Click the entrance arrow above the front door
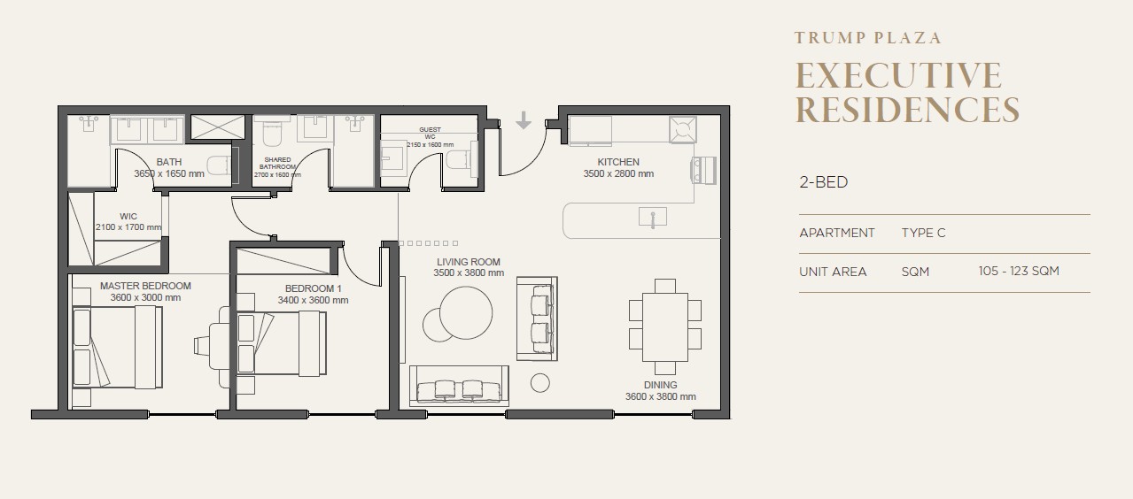(x=524, y=120)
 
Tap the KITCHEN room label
(x=618, y=162)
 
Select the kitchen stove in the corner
(x=682, y=129)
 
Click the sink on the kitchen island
(x=653, y=218)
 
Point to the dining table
(x=665, y=326)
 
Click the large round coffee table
(x=466, y=313)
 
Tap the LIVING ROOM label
(x=469, y=262)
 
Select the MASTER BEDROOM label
(x=145, y=286)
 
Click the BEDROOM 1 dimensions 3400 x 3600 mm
(x=313, y=300)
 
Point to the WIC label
(x=128, y=216)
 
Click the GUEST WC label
(x=430, y=134)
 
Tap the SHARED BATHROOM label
(x=277, y=163)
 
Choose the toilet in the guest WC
(x=462, y=159)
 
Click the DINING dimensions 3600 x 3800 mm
(x=661, y=396)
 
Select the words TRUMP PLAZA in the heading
(x=868, y=38)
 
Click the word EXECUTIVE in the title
(x=898, y=76)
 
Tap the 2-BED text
(x=824, y=182)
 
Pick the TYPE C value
(x=923, y=233)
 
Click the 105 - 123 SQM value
(x=1019, y=272)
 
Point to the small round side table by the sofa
(x=540, y=383)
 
